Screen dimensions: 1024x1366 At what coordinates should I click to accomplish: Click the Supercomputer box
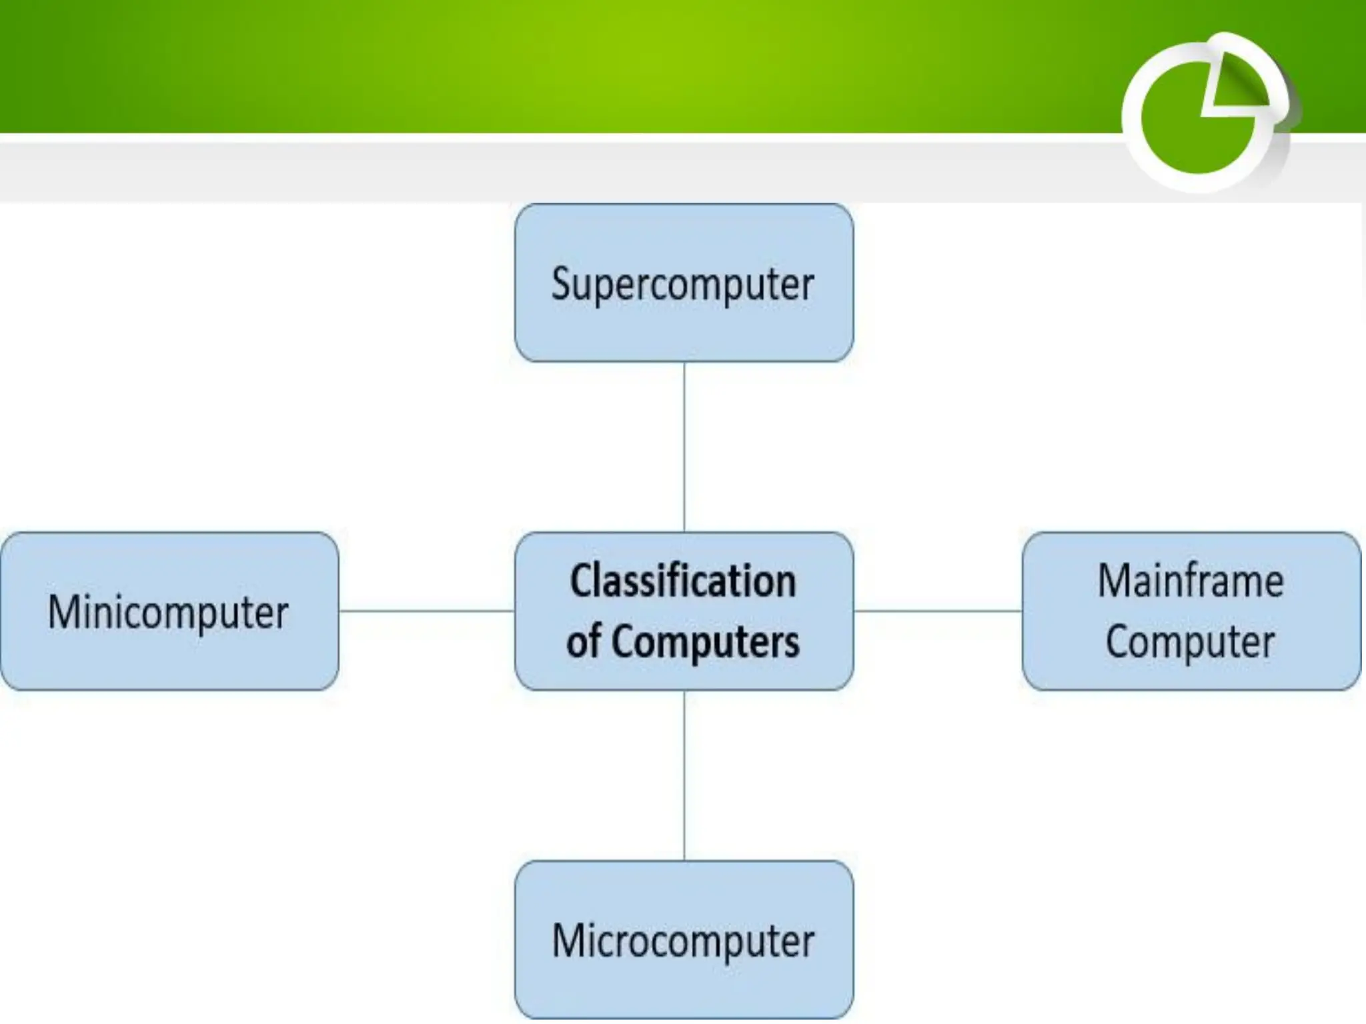(x=684, y=283)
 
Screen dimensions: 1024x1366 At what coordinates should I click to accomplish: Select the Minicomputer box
(x=169, y=611)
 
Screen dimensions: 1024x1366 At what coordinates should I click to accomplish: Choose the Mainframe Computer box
(x=1191, y=611)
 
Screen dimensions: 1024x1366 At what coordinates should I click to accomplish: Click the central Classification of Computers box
(x=684, y=611)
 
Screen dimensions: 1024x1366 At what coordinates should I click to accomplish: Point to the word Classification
(x=683, y=581)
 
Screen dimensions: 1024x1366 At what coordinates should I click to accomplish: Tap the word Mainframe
(x=1191, y=581)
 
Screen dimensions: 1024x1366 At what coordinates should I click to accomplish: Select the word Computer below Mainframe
(x=1191, y=641)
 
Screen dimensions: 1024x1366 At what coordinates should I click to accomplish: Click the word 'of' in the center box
(x=584, y=641)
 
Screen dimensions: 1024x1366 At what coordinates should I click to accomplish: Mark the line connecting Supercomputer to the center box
(x=684, y=447)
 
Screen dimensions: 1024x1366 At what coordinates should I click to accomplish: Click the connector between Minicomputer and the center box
(x=427, y=611)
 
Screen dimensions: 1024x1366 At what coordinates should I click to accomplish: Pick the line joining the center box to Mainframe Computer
(x=938, y=611)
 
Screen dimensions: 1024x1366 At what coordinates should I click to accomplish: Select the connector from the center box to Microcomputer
(x=684, y=775)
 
